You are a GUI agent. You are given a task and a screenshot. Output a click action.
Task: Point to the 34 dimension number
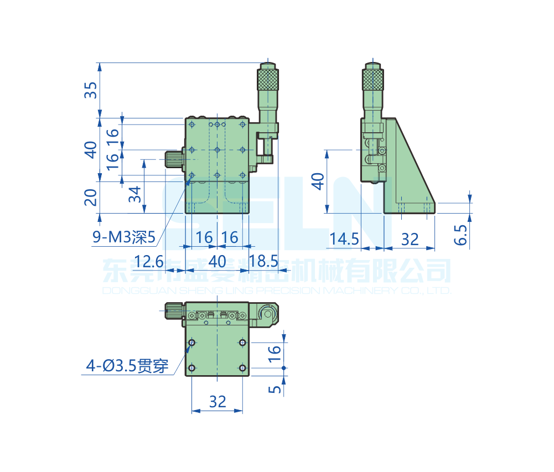[134, 194]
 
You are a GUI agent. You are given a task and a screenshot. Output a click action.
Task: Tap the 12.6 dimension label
[149, 261]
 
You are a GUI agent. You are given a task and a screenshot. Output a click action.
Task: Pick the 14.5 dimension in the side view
[344, 239]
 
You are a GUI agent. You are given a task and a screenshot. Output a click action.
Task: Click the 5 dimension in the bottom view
[275, 389]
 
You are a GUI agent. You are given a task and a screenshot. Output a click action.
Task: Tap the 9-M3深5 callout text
[125, 238]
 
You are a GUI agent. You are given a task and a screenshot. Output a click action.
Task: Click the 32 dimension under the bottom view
[218, 401]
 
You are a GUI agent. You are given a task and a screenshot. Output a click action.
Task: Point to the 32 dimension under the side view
[410, 239]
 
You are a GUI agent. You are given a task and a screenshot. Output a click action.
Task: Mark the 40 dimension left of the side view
[317, 181]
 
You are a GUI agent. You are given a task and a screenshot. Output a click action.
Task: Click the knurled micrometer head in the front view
[268, 79]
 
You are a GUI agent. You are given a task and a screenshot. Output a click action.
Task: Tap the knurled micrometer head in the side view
[373, 79]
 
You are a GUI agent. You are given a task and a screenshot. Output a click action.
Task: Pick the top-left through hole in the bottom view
[191, 343]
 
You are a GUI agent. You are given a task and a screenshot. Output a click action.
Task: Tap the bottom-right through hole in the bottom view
[242, 368]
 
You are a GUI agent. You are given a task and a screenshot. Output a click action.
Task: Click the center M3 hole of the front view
[217, 150]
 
